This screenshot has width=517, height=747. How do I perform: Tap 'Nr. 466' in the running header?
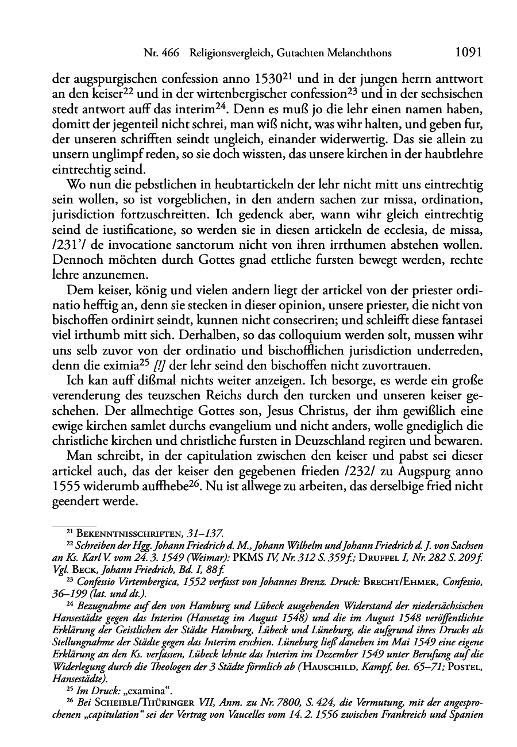[x=161, y=53]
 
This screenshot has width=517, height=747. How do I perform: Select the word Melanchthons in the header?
[x=360, y=53]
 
